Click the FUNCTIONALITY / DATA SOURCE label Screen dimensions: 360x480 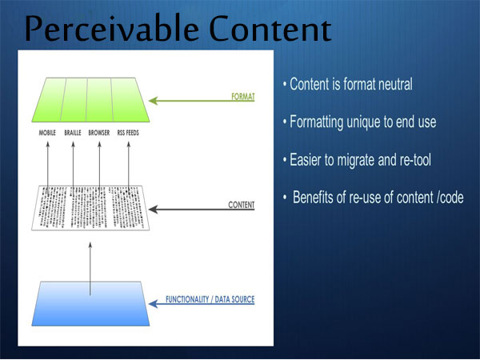[210, 299]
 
